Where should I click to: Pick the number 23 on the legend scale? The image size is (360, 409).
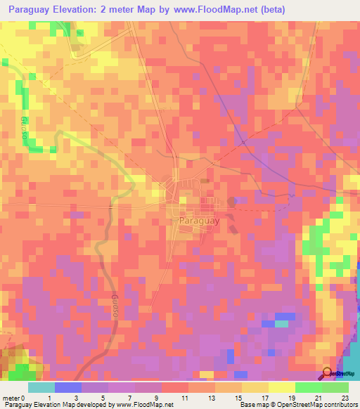point(344,398)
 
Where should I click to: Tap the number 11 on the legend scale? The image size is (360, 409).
point(184,398)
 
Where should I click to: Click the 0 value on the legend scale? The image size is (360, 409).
point(23,398)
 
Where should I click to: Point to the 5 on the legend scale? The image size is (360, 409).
point(105,398)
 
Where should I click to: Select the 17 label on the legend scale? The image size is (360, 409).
point(264,398)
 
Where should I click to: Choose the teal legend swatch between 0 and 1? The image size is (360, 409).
point(41,387)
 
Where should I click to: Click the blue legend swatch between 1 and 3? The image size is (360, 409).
point(68,387)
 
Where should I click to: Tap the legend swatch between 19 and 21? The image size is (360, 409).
point(308,387)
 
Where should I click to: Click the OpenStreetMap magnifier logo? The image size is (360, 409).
point(328,373)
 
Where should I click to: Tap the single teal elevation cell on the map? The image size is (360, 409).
point(281,323)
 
